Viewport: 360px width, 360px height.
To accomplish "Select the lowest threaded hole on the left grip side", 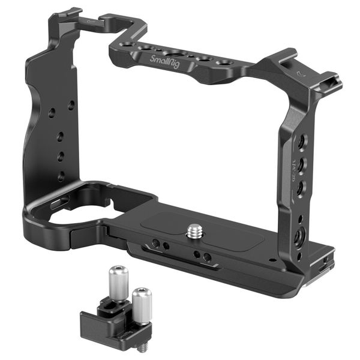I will click(x=61, y=176).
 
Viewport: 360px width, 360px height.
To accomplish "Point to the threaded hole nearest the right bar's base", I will click(x=298, y=235).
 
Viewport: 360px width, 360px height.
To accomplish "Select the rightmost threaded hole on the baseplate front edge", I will click(x=208, y=257).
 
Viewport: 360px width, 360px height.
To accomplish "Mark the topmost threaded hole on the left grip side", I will click(x=71, y=105).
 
